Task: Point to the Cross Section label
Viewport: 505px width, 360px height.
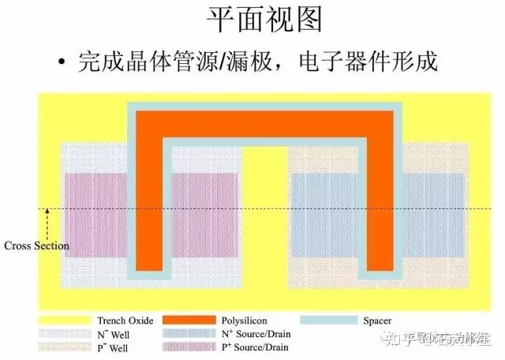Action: pos(36,246)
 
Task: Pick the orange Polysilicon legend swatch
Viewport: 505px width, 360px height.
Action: pos(189,321)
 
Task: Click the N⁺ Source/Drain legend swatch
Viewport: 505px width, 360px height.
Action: pos(189,334)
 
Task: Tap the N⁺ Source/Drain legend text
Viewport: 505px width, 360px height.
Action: pos(265,334)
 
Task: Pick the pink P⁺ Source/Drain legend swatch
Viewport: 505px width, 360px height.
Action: pos(189,347)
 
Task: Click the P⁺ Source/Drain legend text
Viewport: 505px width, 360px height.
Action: pos(265,347)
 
